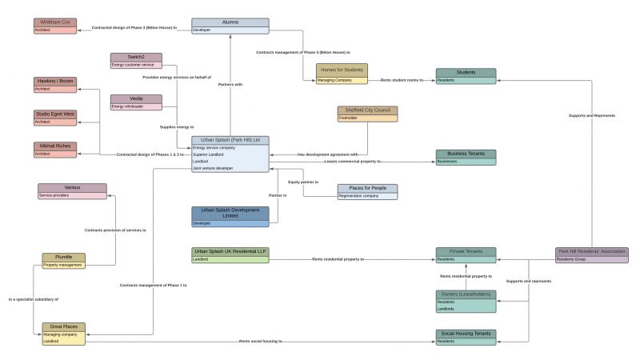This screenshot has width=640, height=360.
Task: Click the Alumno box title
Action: tap(230, 22)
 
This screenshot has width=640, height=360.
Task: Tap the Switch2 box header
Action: tap(136, 57)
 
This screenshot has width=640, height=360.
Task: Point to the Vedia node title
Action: tap(136, 98)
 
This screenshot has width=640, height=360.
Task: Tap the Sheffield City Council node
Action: tap(367, 110)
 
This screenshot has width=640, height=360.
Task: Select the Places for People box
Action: tap(367, 188)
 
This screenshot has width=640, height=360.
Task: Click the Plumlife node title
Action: tap(63, 258)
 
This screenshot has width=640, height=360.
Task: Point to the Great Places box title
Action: tap(63, 326)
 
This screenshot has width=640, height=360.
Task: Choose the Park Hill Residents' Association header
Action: tap(592, 251)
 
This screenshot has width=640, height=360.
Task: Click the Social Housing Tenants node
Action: tap(466, 333)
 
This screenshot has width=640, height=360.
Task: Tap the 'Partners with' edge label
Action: tap(230, 84)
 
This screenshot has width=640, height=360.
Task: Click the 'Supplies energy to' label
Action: tap(177, 127)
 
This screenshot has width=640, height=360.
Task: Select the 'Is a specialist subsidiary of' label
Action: tap(33, 298)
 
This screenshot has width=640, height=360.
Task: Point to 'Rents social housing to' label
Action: tap(260, 342)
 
